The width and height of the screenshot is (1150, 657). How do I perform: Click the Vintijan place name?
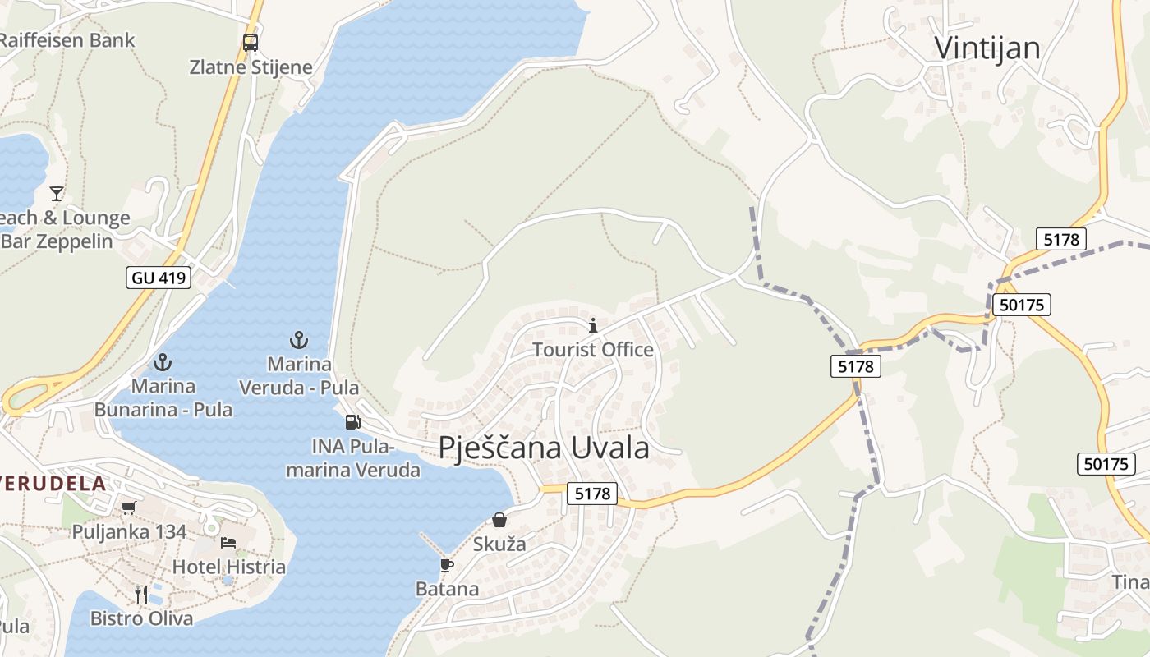pos(987,48)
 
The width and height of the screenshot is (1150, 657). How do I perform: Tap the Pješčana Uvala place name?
pos(544,448)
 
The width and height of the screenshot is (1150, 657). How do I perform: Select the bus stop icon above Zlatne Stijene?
pos(251,42)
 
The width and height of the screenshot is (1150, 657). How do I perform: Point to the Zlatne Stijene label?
pos(251,67)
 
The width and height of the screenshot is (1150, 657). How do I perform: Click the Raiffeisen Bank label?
pos(66,39)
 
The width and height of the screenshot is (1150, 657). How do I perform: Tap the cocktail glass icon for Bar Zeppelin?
pos(57,194)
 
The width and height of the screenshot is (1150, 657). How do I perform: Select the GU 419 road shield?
pos(159,278)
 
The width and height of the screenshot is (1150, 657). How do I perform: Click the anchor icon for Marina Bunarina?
pos(163,362)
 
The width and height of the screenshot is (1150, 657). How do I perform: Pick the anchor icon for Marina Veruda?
pos(299,340)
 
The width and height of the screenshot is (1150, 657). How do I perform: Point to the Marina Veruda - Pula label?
pos(299,375)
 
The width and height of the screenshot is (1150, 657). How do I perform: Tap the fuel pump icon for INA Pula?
pos(352,422)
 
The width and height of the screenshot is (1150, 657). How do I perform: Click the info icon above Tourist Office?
pos(593,326)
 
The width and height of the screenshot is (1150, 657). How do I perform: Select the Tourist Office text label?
pos(593,350)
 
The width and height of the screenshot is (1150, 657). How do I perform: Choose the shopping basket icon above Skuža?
pos(499,520)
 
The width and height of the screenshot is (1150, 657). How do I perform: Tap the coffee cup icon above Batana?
pos(447,565)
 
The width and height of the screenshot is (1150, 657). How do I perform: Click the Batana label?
pos(447,589)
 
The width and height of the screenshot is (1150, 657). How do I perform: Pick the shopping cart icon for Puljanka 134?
pos(128,508)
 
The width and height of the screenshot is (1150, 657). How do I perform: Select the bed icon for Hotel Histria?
pos(228,543)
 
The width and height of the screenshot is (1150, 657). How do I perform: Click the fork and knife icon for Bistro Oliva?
pos(141,594)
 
